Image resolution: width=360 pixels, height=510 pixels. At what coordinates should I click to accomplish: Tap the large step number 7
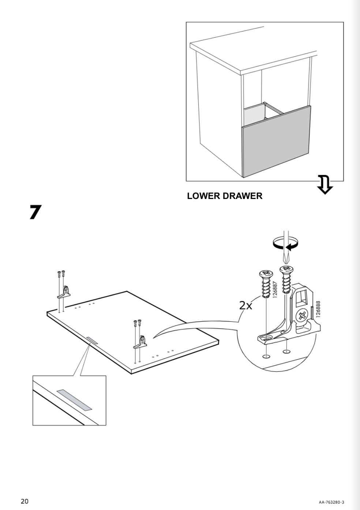click(35, 212)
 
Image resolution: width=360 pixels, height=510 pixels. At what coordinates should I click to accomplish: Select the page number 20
click(25, 501)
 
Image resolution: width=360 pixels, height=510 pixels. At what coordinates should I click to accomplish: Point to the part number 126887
click(275, 289)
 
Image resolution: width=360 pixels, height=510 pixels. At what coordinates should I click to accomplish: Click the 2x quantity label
click(246, 305)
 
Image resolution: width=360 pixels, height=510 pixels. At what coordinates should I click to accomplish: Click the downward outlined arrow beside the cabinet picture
click(325, 184)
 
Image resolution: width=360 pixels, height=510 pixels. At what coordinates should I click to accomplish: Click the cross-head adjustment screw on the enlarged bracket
click(302, 315)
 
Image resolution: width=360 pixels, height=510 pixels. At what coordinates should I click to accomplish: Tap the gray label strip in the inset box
click(74, 400)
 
